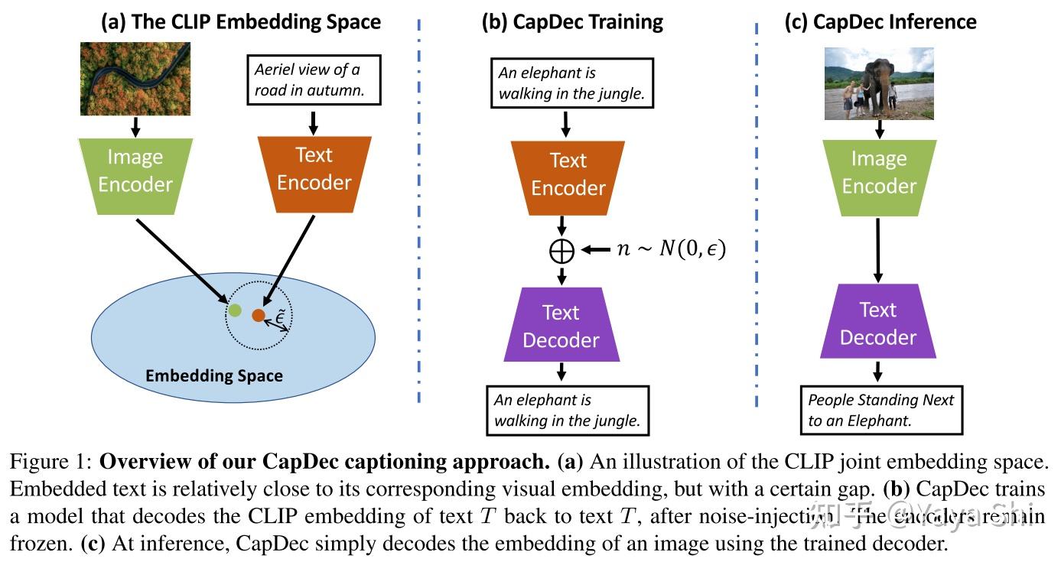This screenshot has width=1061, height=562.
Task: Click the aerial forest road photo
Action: coord(135,79)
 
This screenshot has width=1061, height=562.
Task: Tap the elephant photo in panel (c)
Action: coord(879,83)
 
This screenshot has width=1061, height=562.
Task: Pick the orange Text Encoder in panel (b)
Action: coord(568,174)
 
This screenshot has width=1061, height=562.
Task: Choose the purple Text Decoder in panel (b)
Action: coord(561,325)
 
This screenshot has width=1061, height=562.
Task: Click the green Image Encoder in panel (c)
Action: coord(879,172)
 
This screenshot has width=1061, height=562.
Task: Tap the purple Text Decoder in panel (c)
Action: coord(878,323)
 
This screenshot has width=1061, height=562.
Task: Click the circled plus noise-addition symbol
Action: coord(562,251)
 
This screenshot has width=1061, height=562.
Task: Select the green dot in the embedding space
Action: coord(235,310)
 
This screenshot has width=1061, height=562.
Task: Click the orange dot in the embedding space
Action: coord(259,314)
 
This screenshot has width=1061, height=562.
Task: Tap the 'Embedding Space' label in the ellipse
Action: coord(214,375)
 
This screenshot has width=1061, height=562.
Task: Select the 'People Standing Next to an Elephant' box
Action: coord(881,411)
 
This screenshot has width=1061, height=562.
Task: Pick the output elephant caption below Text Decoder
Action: coord(567,411)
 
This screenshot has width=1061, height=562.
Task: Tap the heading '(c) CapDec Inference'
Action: coord(880,21)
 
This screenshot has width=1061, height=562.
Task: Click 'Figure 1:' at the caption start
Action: coord(50,463)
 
